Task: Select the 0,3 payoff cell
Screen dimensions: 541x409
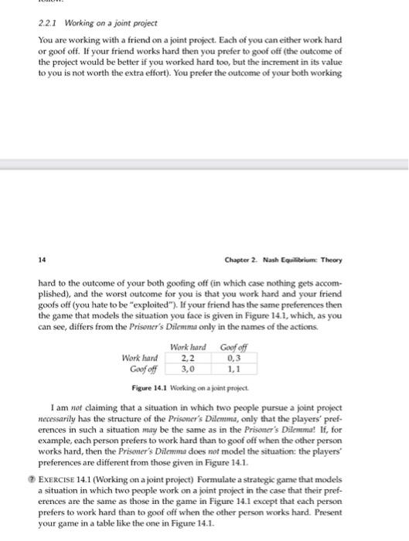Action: pyautogui.click(x=230, y=358)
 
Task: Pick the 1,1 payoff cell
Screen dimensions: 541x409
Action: pyautogui.click(x=230, y=369)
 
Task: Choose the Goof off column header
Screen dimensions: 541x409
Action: pyautogui.click(x=230, y=347)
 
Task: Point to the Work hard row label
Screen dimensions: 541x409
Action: pyautogui.click(x=140, y=358)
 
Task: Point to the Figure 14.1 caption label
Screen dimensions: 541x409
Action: pyautogui.click(x=152, y=386)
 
